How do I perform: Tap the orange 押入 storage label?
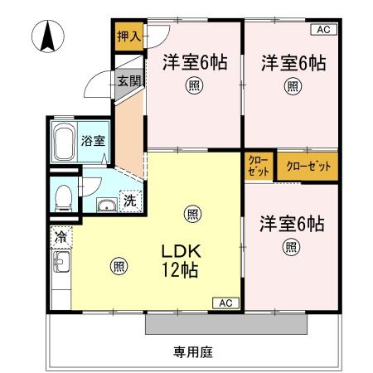pyautogui.click(x=128, y=36)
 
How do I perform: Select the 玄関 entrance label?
pyautogui.click(x=128, y=81)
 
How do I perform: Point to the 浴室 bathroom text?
pyautogui.click(x=92, y=140)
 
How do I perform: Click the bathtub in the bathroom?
pyautogui.click(x=63, y=143)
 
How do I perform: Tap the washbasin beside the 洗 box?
pyautogui.click(x=105, y=205)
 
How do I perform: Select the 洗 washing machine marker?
pyautogui.click(x=130, y=200)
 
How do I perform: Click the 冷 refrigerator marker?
pyautogui.click(x=61, y=237)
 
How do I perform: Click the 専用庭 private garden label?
pyautogui.click(x=193, y=352)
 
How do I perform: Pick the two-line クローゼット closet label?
pyautogui.click(x=258, y=166)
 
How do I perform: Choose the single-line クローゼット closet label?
pyautogui.click(x=307, y=166)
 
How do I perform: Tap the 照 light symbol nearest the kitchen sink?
pyautogui.click(x=119, y=265)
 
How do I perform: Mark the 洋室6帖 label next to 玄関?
pyautogui.click(x=192, y=62)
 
